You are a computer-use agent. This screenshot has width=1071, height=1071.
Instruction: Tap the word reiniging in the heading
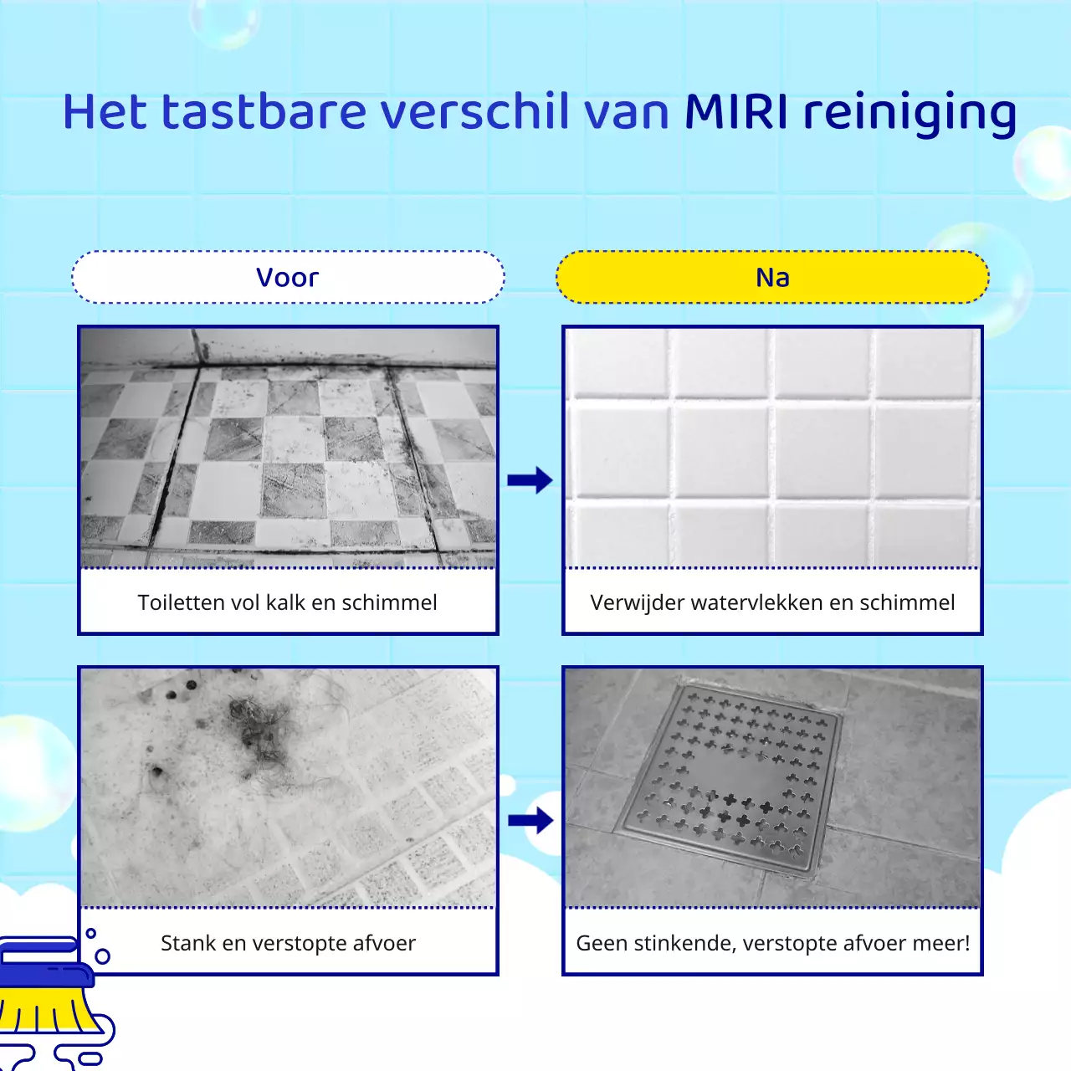pyautogui.click(x=910, y=114)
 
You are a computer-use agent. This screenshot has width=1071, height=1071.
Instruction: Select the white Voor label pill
pyautogui.click(x=288, y=277)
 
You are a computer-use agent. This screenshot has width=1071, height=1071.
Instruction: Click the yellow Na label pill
pyautogui.click(x=772, y=277)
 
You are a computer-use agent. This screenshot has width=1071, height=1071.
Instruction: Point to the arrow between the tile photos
pyautogui.click(x=530, y=479)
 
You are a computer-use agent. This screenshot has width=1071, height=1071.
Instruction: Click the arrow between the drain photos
pyautogui.click(x=530, y=820)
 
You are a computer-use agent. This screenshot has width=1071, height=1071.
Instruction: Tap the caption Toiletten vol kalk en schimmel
pyautogui.click(x=288, y=602)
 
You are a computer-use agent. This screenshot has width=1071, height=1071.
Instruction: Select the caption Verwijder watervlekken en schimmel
pyautogui.click(x=772, y=602)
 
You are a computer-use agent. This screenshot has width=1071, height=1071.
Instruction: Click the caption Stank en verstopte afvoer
pyautogui.click(x=288, y=943)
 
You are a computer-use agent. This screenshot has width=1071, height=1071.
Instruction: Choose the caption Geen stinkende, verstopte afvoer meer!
pyautogui.click(x=772, y=943)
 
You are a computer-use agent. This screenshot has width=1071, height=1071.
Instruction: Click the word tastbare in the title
pyautogui.click(x=264, y=112)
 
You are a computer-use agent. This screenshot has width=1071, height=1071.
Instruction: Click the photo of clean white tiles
pyautogui.click(x=772, y=447)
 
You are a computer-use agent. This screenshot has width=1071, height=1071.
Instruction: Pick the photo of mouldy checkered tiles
pyautogui.click(x=288, y=447)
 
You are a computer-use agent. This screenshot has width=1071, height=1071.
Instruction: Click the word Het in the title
pyautogui.click(x=105, y=112)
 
